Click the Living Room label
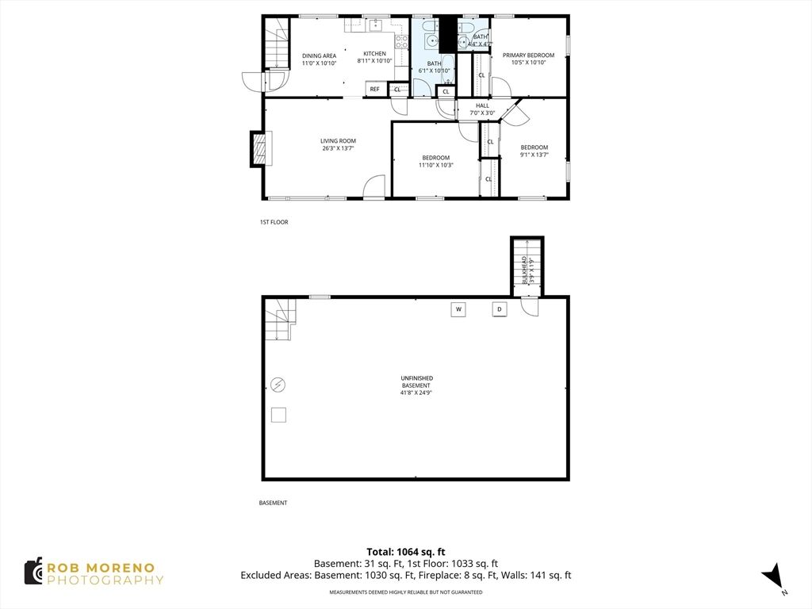pos(338,144)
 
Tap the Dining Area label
pos(319,59)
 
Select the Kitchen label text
pos(374,57)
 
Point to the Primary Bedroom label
pos(528,59)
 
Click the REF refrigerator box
pos(374,89)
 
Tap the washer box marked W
pos(458,310)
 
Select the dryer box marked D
pos(500,310)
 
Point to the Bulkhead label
pos(527,270)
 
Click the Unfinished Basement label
pos(416,385)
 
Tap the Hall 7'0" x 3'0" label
pos(482,109)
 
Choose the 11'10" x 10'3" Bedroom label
pos(435,162)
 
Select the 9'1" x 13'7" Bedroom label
pos(534,151)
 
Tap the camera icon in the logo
pos(33,572)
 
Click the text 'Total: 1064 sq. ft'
pos(406,552)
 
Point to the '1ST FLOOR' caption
pos(274,222)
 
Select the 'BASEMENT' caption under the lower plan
pos(273,503)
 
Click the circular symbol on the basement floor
pos(278,385)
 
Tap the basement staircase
pos(280,320)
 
